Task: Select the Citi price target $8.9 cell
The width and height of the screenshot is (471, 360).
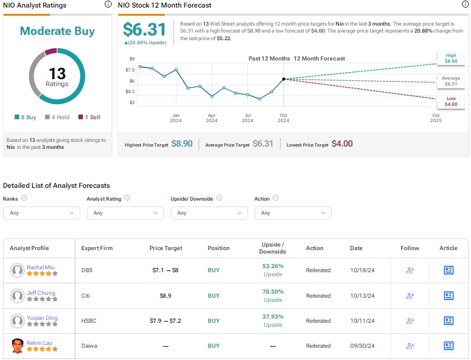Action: click(x=165, y=295)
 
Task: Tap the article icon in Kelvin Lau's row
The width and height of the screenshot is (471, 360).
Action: click(x=448, y=345)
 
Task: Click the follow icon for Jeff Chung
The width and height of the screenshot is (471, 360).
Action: click(x=409, y=295)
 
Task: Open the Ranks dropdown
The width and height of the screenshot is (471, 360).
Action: click(x=41, y=213)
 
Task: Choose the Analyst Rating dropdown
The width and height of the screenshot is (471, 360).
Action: click(x=125, y=213)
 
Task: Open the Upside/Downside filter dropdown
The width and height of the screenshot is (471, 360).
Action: click(x=209, y=213)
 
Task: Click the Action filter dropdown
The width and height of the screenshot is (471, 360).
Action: click(x=293, y=213)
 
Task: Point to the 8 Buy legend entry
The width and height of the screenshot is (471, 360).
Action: click(x=25, y=117)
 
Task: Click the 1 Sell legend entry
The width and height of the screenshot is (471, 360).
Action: click(x=89, y=117)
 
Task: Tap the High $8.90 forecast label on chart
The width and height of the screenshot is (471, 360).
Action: click(x=451, y=57)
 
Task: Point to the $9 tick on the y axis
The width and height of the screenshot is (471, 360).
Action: click(x=132, y=59)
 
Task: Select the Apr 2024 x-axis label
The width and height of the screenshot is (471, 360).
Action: click(x=212, y=118)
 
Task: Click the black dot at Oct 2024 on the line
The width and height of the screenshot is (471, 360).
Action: click(x=284, y=79)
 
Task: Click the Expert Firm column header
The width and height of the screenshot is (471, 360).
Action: click(x=97, y=248)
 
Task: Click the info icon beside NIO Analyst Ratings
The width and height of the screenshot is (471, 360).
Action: click(x=108, y=5)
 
